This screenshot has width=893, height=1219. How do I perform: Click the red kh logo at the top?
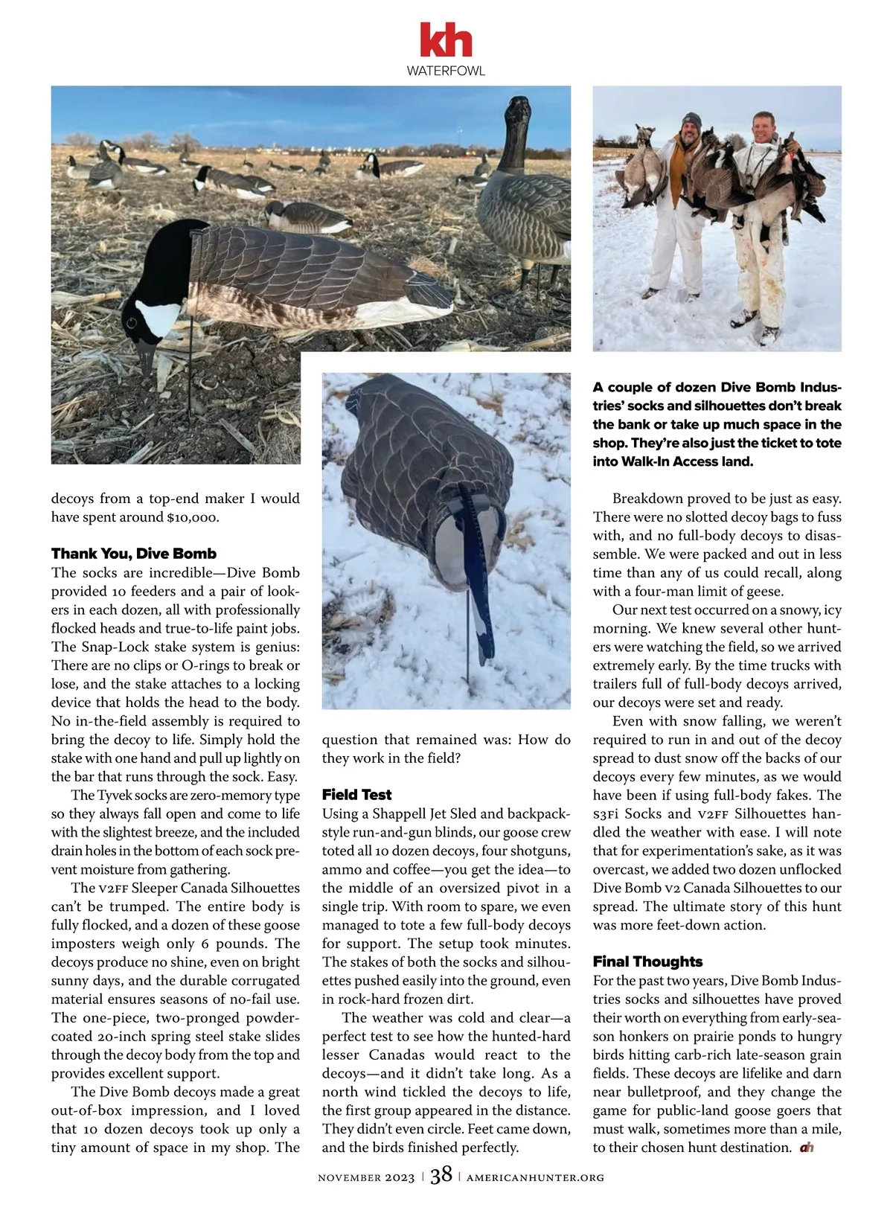point(446,40)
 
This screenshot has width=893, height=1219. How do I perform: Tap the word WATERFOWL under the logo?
point(446,71)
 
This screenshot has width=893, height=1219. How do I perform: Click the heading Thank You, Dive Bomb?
point(134,554)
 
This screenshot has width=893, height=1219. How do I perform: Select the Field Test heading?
point(356,795)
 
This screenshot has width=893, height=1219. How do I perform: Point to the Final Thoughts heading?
point(647,962)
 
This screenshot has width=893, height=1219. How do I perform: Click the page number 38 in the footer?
point(441,1175)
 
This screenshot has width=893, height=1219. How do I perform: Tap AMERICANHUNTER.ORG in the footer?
point(535,1177)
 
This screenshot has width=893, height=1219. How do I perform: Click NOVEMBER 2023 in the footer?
point(366,1177)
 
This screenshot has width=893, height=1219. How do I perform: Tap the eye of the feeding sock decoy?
point(132,324)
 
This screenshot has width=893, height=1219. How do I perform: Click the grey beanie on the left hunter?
point(691,121)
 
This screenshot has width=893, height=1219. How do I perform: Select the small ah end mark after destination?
point(807,1148)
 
